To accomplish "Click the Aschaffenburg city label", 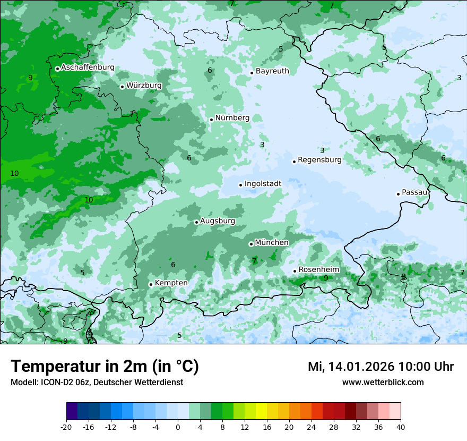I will point(88,67).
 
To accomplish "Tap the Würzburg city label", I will point(144,86).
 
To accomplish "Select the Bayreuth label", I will point(272,71).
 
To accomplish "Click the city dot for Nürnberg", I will point(211,120).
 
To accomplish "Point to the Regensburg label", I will point(319,160).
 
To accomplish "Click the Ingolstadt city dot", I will point(240,185).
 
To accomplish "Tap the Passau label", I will point(414,192).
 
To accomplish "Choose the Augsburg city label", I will point(218,221).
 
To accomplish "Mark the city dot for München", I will point(251,244).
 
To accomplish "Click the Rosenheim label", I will point(318,270).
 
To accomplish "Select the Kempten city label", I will point(171,283).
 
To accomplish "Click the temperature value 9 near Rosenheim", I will point(326,278).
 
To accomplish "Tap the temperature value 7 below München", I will point(254,261).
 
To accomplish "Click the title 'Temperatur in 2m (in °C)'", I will point(105,367).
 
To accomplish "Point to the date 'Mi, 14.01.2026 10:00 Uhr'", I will point(380,367).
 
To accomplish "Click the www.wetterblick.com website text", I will point(383,383).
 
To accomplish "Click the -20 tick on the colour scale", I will point(66,427).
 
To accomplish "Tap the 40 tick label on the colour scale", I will point(401,427).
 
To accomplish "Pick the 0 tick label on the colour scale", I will point(178,427).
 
